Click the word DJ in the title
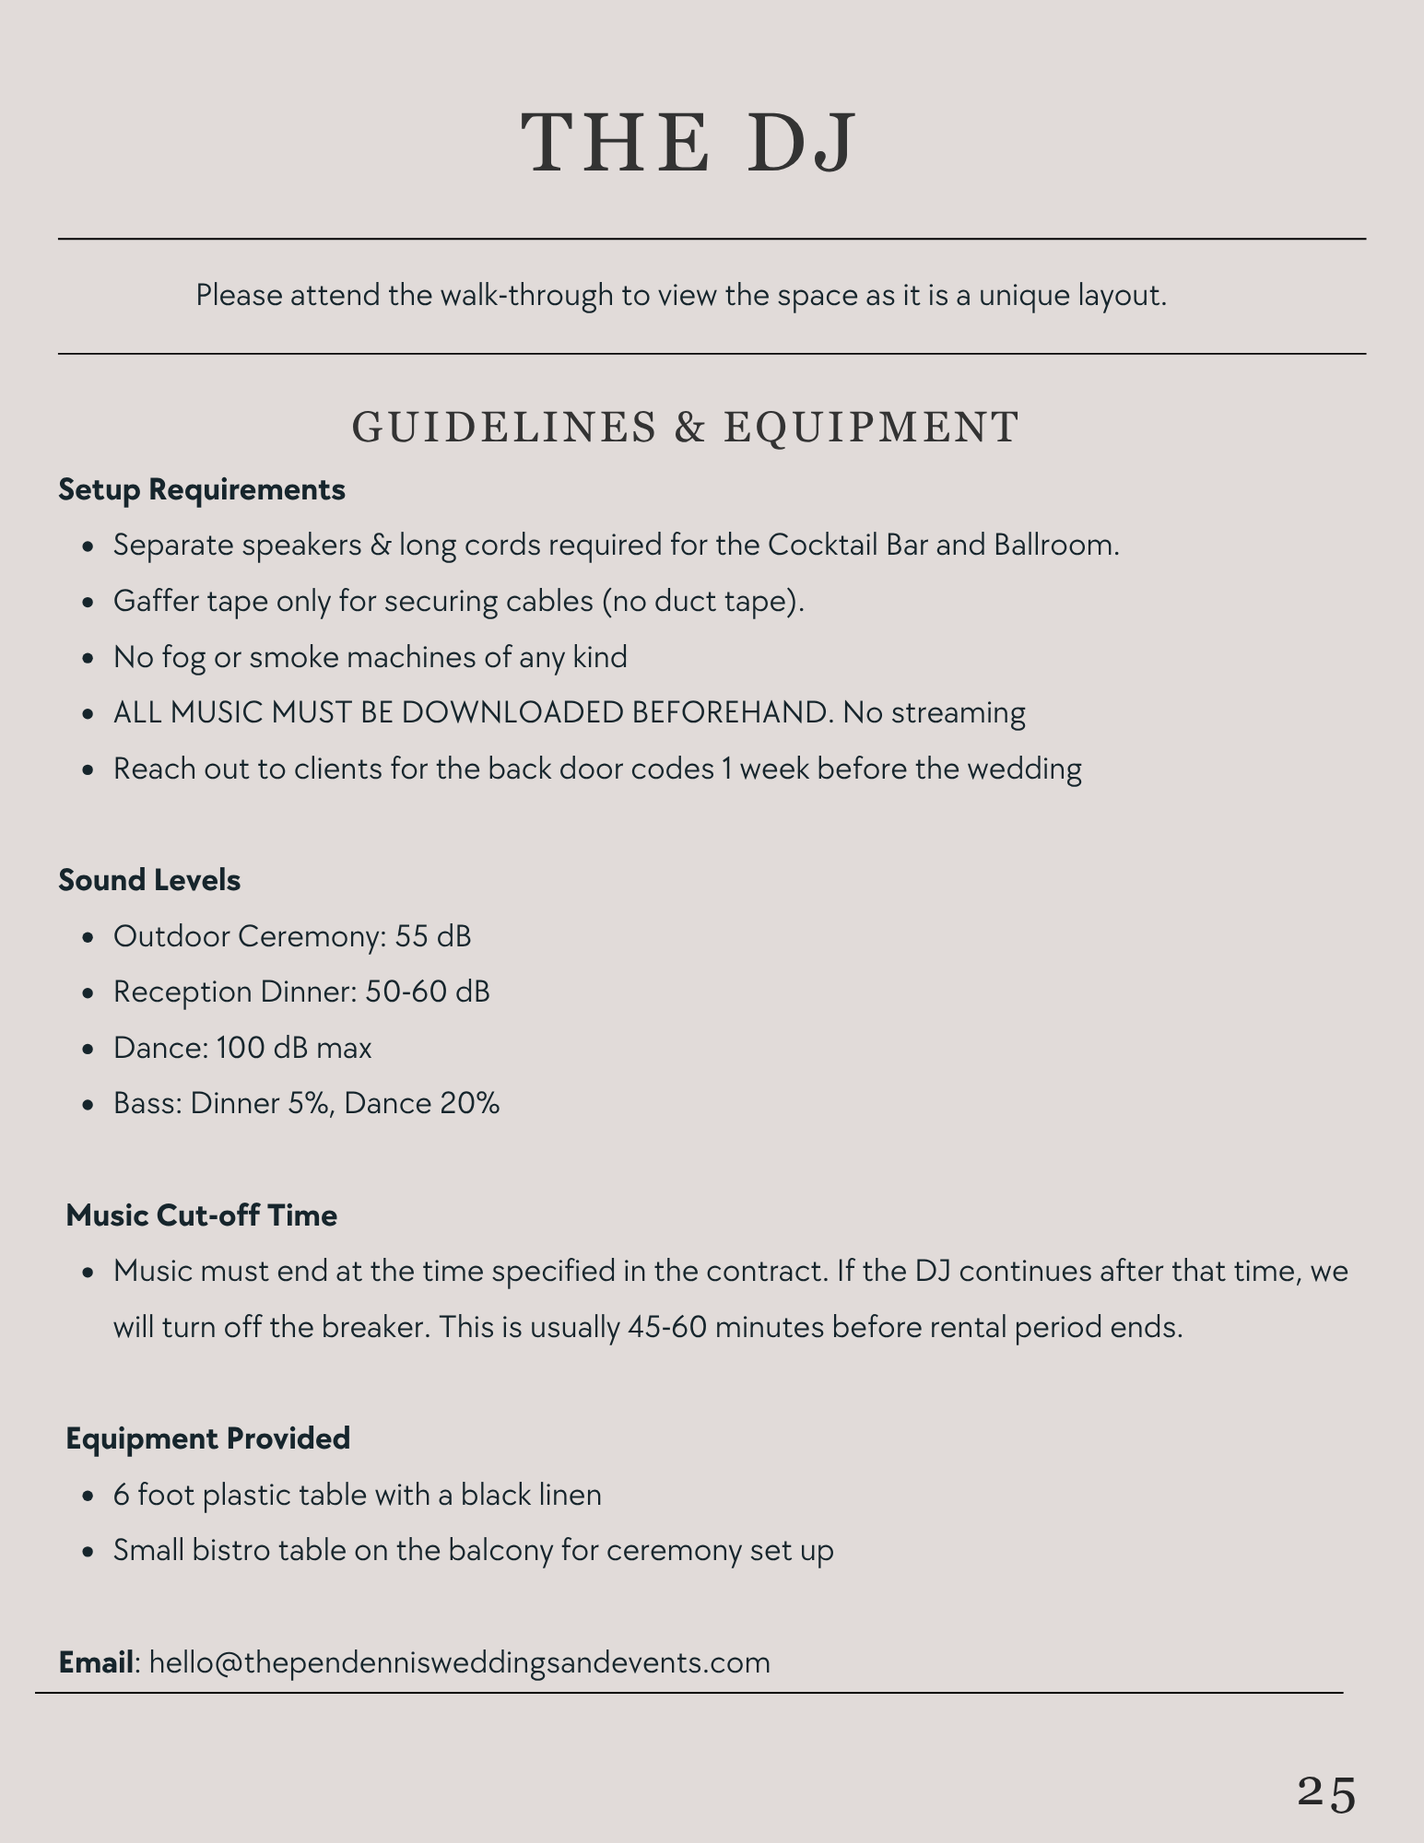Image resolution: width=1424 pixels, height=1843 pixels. click(800, 143)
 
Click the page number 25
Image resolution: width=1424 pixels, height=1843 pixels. click(1326, 1793)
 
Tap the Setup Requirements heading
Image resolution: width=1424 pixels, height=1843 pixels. click(202, 489)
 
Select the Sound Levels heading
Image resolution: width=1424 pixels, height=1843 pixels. click(149, 880)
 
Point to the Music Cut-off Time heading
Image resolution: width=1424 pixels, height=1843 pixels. click(202, 1215)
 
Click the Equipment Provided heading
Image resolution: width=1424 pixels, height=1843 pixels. click(208, 1438)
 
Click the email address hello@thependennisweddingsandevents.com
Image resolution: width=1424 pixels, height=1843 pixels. click(459, 1661)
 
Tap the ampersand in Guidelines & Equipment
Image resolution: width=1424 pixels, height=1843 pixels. click(688, 428)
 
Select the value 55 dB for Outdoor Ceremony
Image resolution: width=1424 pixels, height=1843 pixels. click(433, 936)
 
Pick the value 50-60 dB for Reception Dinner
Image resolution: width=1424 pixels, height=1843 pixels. click(428, 992)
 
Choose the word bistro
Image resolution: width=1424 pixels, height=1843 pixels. click(241, 1550)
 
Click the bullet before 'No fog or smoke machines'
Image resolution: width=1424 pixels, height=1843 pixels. click(88, 659)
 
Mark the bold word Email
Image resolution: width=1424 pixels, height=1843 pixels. click(96, 1661)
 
